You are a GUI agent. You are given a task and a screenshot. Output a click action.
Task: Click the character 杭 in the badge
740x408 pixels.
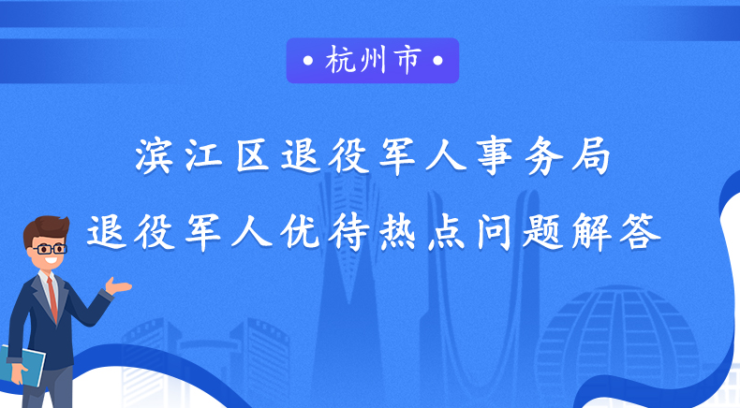(x=341, y=61)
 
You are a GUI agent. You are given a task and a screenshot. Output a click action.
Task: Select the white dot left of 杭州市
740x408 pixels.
(x=308, y=61)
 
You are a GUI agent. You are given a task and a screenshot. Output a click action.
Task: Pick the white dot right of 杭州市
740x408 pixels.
(x=437, y=61)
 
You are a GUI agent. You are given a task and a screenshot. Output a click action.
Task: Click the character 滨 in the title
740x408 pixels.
(x=154, y=156)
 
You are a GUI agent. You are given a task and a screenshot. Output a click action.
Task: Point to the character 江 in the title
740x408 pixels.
(x=203, y=156)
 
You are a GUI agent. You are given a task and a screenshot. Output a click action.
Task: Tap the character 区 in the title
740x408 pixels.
(x=252, y=156)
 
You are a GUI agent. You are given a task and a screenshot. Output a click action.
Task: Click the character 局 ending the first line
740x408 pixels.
(x=591, y=156)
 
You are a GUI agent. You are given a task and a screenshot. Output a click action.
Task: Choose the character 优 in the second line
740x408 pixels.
(x=300, y=232)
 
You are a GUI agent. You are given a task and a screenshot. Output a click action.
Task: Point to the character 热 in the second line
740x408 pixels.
(x=397, y=232)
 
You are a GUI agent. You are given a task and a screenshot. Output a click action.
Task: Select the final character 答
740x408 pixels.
(x=640, y=232)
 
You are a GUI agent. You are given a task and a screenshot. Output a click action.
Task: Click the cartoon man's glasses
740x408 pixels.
(x=49, y=249)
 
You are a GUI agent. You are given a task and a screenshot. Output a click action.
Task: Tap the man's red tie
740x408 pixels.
(x=52, y=300)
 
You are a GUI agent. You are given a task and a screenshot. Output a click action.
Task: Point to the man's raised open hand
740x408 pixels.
(x=117, y=285)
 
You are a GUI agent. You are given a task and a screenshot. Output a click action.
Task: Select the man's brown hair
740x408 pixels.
(x=46, y=230)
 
